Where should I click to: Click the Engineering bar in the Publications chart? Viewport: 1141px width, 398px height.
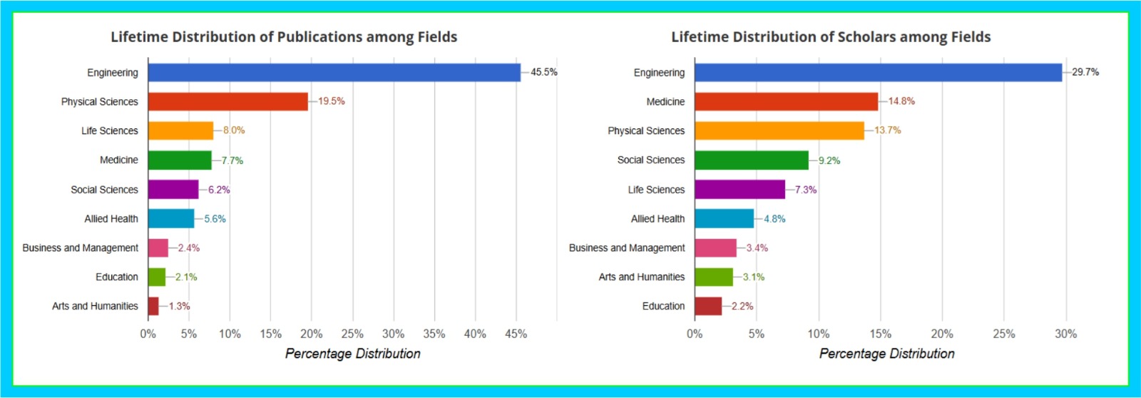tap(334, 72)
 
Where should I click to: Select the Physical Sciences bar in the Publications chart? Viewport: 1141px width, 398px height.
tap(227, 101)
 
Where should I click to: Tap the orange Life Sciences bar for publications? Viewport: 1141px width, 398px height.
tap(180, 131)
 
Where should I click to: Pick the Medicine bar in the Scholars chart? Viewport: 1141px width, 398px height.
tap(786, 101)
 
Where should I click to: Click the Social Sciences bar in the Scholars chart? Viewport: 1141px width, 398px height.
tap(751, 160)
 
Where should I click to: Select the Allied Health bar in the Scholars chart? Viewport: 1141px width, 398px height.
tap(724, 218)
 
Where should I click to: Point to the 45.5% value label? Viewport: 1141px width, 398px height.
tap(544, 72)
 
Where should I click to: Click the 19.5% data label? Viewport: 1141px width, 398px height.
tap(332, 101)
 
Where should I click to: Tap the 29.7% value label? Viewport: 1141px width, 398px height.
tap(1085, 72)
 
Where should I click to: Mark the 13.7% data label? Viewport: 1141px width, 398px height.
tap(888, 131)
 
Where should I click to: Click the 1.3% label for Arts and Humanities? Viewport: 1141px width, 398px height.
tap(179, 306)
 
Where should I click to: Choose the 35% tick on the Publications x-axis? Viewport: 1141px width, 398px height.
tap(434, 334)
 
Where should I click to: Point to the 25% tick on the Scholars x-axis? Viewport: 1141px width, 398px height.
tap(1004, 334)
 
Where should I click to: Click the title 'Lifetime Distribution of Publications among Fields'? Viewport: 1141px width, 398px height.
tap(284, 37)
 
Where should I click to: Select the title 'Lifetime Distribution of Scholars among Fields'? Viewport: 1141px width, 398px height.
tap(831, 37)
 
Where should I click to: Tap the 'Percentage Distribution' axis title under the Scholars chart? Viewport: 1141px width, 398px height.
tap(886, 354)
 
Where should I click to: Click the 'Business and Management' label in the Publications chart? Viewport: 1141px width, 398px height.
tap(81, 248)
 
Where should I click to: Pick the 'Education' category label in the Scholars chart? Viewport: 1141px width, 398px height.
tap(663, 306)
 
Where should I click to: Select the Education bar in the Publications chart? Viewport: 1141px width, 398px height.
tap(157, 277)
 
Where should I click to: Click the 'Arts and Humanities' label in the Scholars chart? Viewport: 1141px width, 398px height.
tap(642, 277)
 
